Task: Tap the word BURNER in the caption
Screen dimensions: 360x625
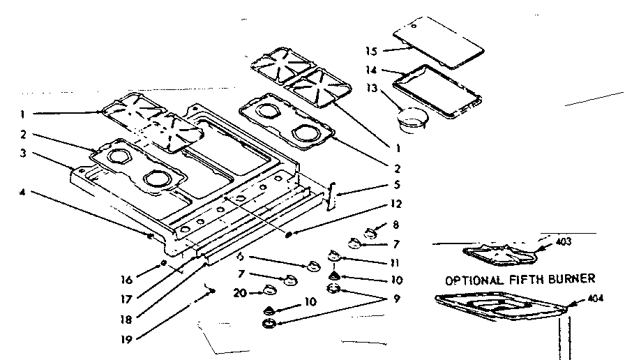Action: [x=571, y=278]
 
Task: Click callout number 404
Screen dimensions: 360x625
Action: [x=596, y=298]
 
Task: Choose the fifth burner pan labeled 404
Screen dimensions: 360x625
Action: [x=501, y=307]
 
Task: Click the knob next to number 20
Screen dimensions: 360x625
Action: [x=269, y=292]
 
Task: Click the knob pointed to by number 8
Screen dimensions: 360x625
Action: [x=372, y=230]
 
